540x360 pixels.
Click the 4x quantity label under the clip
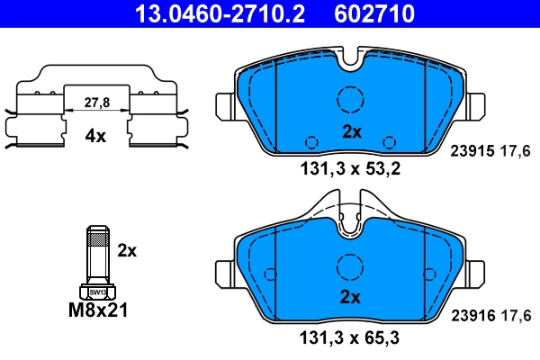click(95, 137)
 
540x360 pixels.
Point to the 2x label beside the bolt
click(128, 250)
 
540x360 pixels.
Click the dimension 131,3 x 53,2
click(350, 166)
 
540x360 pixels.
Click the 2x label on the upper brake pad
click(351, 131)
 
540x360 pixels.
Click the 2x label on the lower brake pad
click(351, 297)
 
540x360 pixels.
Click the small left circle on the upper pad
click(311, 141)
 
